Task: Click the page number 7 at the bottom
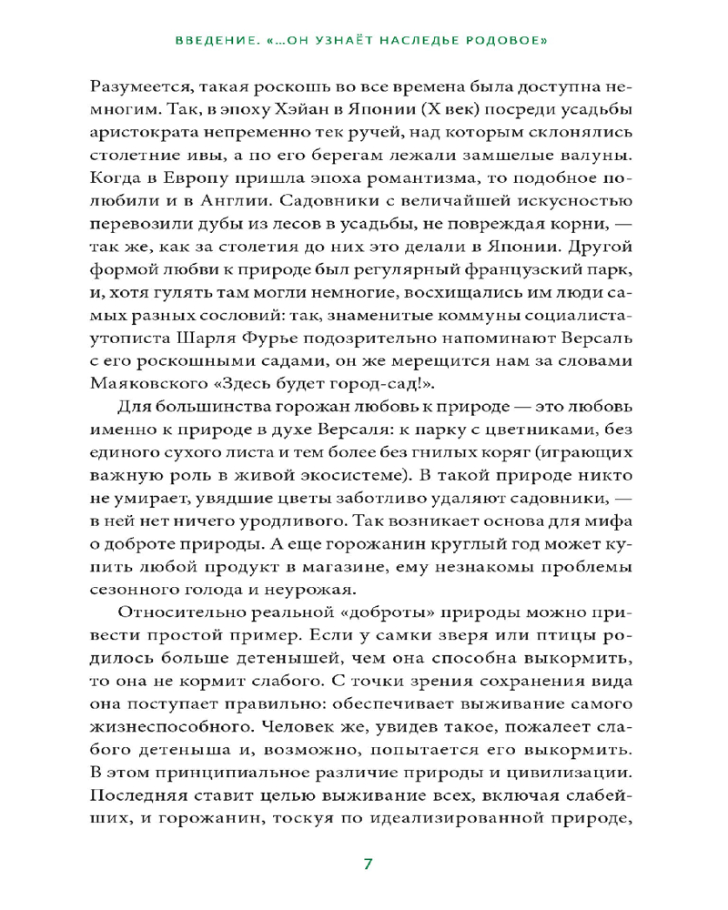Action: coord(368,864)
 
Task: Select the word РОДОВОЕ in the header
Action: coord(511,41)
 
